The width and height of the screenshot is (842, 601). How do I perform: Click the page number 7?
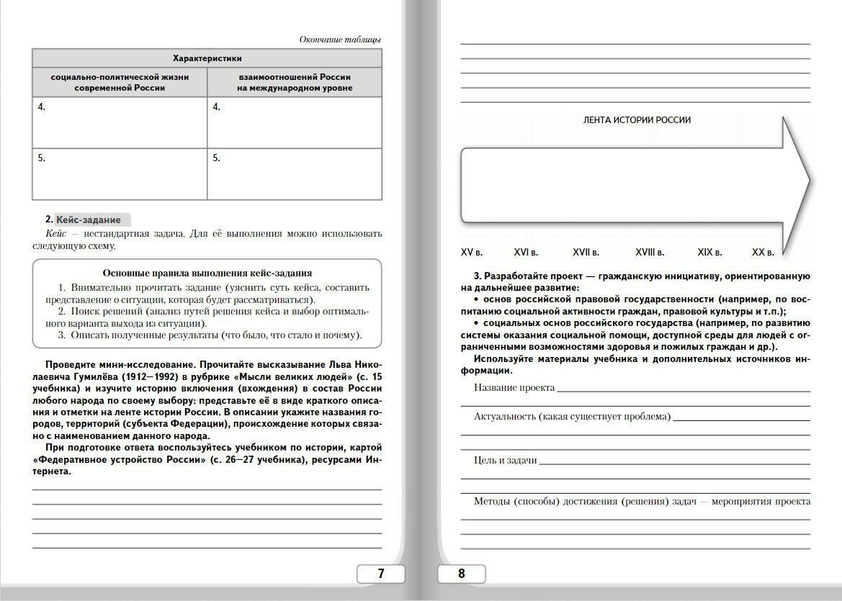381,574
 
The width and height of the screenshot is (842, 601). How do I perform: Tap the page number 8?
462,574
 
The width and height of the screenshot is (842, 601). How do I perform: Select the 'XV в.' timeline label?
472,253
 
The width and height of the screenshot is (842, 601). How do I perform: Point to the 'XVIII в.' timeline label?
650,253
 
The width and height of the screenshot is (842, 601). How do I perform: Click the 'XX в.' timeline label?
763,253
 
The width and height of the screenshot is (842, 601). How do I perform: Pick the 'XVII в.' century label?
586,253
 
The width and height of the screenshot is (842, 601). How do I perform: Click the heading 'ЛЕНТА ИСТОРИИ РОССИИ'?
637,120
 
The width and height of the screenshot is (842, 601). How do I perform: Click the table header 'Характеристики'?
207,58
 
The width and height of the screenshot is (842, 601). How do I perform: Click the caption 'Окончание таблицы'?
340,40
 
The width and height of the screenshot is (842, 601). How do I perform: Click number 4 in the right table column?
216,107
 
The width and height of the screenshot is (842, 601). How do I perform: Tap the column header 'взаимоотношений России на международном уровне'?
295,82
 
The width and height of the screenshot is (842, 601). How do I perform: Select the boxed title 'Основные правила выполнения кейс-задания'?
207,273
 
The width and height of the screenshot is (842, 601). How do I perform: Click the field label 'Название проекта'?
514,388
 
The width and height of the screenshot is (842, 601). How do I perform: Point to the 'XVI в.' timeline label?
526,253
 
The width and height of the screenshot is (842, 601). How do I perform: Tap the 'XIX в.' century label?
709,253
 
